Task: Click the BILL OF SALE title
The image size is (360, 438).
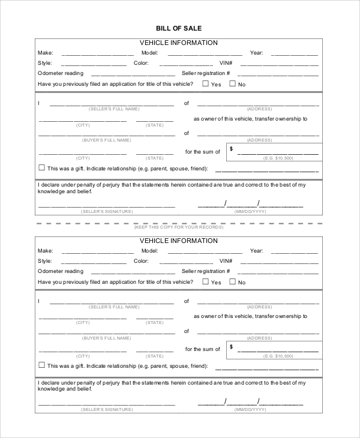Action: (179, 28)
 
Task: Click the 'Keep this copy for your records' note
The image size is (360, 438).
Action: (179, 227)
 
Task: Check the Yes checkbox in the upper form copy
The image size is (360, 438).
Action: (205, 84)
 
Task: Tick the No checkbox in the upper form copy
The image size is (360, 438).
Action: (232, 84)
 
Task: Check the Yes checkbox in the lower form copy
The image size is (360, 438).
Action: (205, 281)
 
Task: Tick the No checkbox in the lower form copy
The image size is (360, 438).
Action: (232, 281)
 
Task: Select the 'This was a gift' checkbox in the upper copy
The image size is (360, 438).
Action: (41, 168)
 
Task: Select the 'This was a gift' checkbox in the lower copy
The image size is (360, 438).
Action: (41, 365)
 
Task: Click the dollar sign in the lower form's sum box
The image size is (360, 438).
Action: (232, 347)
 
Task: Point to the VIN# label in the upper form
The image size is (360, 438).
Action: (226, 63)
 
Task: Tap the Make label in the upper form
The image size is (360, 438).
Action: (45, 53)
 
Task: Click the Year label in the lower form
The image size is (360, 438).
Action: (257, 251)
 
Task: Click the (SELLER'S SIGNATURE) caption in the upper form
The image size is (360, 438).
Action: (107, 212)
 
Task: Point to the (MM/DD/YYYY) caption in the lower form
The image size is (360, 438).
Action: (250, 409)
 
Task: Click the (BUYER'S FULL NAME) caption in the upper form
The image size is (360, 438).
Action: (107, 140)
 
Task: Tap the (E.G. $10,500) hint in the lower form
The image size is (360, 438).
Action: (278, 355)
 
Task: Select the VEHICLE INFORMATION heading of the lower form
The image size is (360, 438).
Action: (179, 241)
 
